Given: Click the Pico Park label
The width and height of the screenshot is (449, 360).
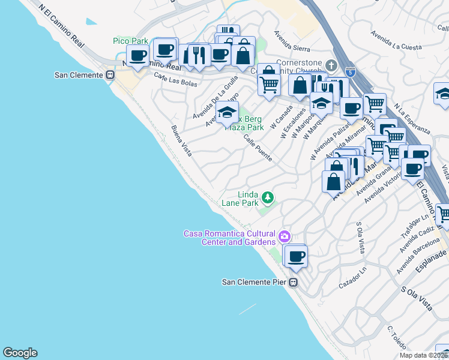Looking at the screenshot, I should pyautogui.click(x=130, y=41).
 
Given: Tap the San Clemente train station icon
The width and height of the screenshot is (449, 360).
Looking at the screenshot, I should pyautogui.click(x=110, y=75).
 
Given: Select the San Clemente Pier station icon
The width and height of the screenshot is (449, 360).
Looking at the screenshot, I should pyautogui.click(x=294, y=282).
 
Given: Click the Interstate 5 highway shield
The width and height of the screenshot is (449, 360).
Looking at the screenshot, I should pyautogui.click(x=354, y=72).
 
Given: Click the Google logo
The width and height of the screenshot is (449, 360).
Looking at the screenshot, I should pyautogui.click(x=20, y=353).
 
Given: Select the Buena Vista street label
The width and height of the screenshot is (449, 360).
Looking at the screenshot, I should pyautogui.click(x=181, y=142).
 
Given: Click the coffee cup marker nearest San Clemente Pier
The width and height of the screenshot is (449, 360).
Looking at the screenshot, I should pyautogui.click(x=295, y=257).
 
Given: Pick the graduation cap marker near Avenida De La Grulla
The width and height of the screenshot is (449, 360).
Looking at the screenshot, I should pyautogui.click(x=228, y=113).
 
